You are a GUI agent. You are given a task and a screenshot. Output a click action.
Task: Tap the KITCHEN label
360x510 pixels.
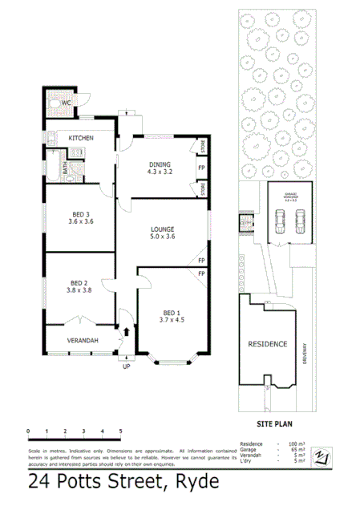pos(81,138)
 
